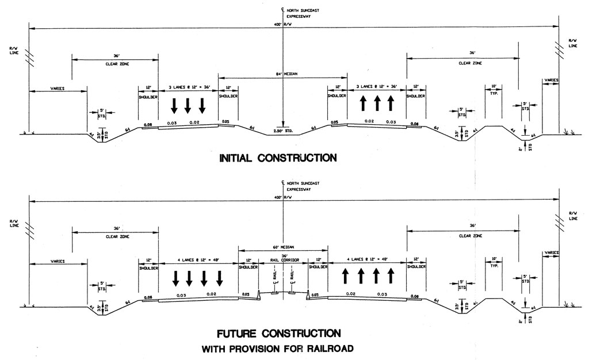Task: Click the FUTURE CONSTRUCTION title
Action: click(278, 334)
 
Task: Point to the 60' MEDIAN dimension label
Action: click(284, 247)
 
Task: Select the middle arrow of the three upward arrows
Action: click(377, 104)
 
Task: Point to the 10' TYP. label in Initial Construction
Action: click(493, 90)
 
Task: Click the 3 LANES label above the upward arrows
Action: click(377, 88)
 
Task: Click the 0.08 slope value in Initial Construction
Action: click(147, 125)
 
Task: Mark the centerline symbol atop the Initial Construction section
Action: click(282, 7)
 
